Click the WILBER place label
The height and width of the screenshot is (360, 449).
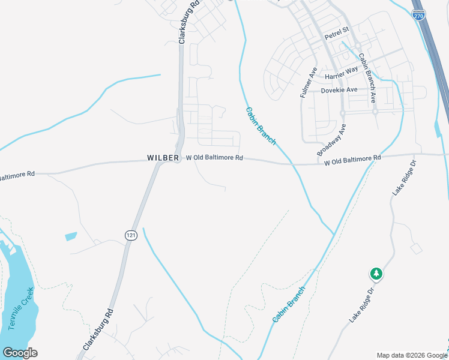pyautogui.click(x=163, y=158)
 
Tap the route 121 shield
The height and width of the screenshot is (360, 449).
pyautogui.click(x=130, y=235)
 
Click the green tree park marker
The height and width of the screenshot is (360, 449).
pyautogui.click(x=376, y=274)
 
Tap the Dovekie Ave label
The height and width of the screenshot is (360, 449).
pyautogui.click(x=339, y=90)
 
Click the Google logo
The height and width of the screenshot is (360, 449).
pyautogui.click(x=20, y=353)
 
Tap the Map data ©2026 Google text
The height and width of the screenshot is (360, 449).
pyautogui.click(x=412, y=355)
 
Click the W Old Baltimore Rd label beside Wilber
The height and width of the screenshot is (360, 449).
pyautogui.click(x=214, y=158)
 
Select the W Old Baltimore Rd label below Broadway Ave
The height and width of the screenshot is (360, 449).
pyautogui.click(x=352, y=160)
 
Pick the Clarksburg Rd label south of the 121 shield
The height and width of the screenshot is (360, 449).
pyautogui.click(x=98, y=330)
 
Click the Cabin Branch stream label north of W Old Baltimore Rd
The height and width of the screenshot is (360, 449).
pyautogui.click(x=261, y=126)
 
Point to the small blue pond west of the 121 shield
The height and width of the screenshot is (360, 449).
pyautogui.click(x=71, y=236)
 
